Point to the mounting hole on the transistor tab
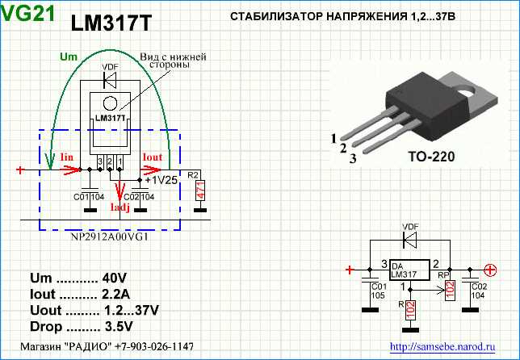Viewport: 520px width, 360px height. [x=467, y=92]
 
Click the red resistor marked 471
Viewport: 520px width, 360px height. [x=198, y=191]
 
